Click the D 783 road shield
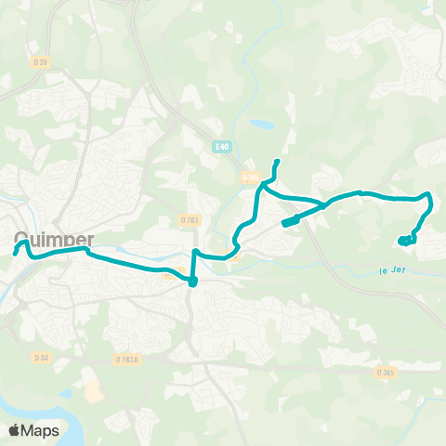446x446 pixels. click(x=190, y=220)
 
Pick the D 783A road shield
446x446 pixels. click(x=127, y=360)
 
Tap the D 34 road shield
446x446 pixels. click(x=41, y=357)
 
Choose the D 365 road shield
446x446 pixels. click(x=386, y=372)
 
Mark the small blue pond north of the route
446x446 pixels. click(x=262, y=125)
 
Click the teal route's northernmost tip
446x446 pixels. click(x=278, y=162)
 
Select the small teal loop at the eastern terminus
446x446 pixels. click(x=407, y=241)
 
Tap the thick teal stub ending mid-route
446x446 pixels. click(x=289, y=222)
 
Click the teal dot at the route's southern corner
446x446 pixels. click(x=192, y=282)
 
